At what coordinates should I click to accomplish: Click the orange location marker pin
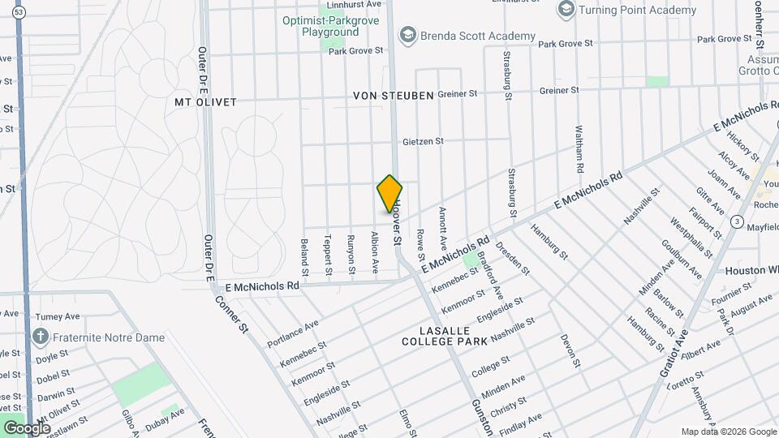tap(390, 193)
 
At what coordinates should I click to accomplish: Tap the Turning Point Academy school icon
tap(566, 10)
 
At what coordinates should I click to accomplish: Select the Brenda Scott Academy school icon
tap(407, 36)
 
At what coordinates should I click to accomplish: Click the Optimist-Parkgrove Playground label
tap(332, 26)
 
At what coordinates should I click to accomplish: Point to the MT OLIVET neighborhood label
tap(205, 102)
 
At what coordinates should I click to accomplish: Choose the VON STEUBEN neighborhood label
tap(393, 96)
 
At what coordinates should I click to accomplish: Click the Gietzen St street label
tap(423, 141)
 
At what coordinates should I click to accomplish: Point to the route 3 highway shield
tap(737, 221)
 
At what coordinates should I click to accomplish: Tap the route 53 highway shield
tap(19, 11)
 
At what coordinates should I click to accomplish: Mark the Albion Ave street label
tap(375, 252)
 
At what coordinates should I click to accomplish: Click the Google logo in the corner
tap(27, 427)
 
